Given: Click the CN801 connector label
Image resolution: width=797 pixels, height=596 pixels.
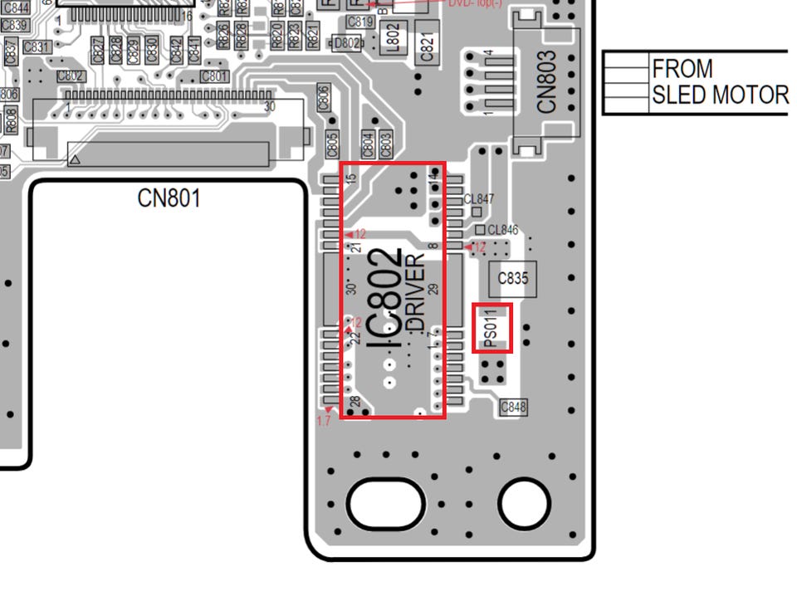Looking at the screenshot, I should [x=169, y=198].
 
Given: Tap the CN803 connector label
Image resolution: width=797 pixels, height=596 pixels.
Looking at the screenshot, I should [x=546, y=83].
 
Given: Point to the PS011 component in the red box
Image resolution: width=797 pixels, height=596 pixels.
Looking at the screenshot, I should [x=491, y=327].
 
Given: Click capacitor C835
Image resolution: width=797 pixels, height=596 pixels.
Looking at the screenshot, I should [x=512, y=279].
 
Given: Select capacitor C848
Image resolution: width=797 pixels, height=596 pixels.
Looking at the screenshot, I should [x=513, y=407].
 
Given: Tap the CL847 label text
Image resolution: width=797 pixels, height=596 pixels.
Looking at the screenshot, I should [x=479, y=199].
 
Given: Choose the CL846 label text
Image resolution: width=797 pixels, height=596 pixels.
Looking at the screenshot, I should [x=502, y=230].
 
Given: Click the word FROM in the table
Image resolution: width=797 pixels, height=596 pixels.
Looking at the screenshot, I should [x=682, y=68].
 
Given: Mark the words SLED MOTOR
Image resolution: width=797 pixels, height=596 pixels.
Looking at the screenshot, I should [x=719, y=95].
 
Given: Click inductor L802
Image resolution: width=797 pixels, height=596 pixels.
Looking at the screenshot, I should [x=394, y=35].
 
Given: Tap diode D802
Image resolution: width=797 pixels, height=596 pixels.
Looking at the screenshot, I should [x=347, y=43].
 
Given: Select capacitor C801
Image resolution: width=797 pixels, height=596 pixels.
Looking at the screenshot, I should [x=214, y=76].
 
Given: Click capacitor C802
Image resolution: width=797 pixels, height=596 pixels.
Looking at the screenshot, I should [x=71, y=76].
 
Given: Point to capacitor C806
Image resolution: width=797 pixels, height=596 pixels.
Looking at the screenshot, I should [x=324, y=96].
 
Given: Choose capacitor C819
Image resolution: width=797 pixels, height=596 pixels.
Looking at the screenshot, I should [x=359, y=22].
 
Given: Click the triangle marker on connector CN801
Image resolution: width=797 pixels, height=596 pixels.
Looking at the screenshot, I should [x=75, y=158].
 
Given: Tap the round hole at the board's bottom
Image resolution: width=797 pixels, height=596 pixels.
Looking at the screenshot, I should [x=524, y=501].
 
